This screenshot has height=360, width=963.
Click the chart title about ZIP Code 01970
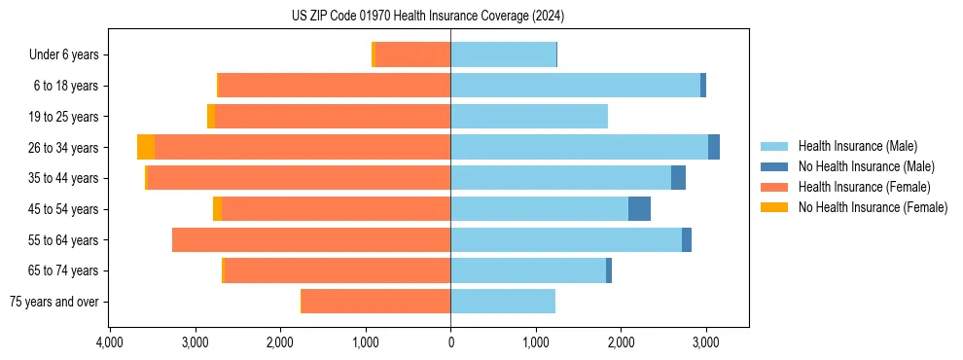[427, 16]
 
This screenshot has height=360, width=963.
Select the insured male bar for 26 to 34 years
[579, 147]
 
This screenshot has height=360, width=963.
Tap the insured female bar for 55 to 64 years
[311, 239]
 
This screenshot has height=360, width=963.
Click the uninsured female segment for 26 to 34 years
[146, 147]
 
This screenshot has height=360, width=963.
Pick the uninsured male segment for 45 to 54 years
[639, 208]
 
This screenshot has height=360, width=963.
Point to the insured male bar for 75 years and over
[503, 302]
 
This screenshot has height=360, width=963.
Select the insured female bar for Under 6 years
[413, 54]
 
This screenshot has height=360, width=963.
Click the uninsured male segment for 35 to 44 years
[678, 178]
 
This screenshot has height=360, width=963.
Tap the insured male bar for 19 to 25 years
[529, 116]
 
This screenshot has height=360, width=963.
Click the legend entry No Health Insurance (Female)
[873, 207]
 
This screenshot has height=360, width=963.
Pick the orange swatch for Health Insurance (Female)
[774, 187]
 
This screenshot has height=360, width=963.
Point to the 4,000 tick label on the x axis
[110, 342]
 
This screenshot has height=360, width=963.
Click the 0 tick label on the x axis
[450, 342]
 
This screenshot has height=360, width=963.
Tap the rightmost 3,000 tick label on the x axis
[706, 342]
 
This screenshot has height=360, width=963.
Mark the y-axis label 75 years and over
[54, 302]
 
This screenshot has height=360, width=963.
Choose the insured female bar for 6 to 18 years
[335, 86]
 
